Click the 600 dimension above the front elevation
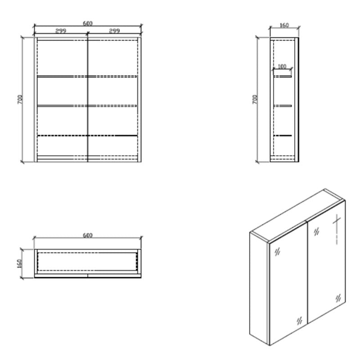[88, 23]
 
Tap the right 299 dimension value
[114, 31]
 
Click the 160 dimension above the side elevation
[284, 26]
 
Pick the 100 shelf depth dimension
[282, 67]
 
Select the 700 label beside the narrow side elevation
[255, 99]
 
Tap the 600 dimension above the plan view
[88, 235]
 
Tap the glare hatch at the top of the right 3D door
[316, 231]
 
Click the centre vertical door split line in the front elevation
[88, 99]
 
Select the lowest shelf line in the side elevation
[283, 135]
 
